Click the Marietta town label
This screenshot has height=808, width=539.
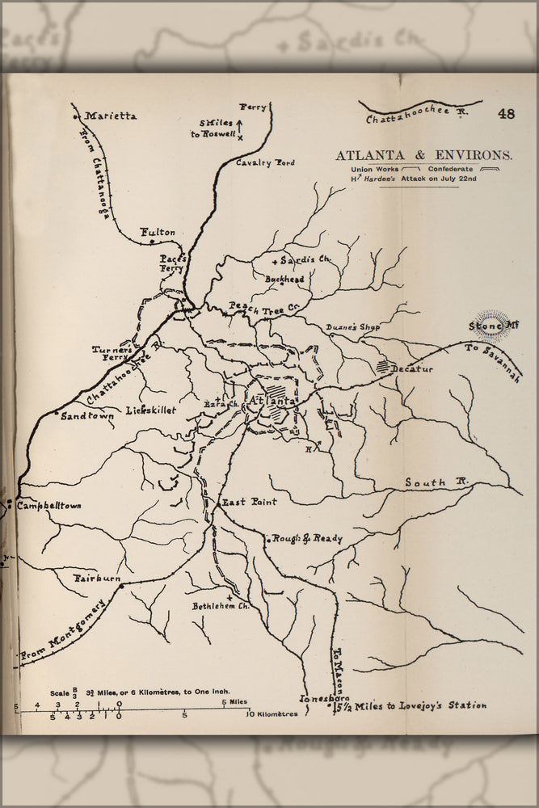[x=111, y=116]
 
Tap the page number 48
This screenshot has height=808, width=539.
[x=507, y=114]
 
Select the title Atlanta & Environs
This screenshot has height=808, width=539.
[x=423, y=155]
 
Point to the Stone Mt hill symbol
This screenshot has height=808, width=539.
[x=492, y=326]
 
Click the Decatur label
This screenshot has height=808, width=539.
[x=412, y=369]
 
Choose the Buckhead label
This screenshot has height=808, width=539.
[x=285, y=279]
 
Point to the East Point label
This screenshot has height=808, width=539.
[x=249, y=502]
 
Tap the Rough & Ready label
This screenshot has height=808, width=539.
[x=307, y=539]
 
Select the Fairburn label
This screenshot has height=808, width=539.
[x=96, y=579]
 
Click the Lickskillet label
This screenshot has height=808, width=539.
[x=151, y=410]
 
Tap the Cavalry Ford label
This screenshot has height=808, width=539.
[x=265, y=162]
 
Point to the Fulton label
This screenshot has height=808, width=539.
[x=158, y=232]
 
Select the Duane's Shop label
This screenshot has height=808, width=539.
[x=352, y=327]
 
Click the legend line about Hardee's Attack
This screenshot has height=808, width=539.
[x=413, y=179]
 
